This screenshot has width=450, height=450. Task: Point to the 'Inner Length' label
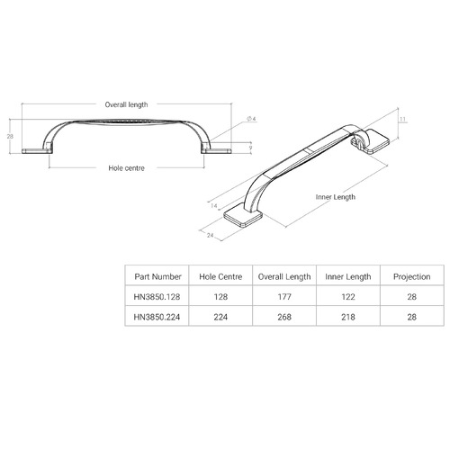335,196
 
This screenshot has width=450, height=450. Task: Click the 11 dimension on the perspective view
403,118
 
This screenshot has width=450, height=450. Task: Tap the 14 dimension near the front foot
214,206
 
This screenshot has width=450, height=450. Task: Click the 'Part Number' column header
157,276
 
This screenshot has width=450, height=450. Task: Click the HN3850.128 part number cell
157,296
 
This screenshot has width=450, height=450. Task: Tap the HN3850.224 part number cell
157,317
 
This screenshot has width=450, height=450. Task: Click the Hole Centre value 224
220,317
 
